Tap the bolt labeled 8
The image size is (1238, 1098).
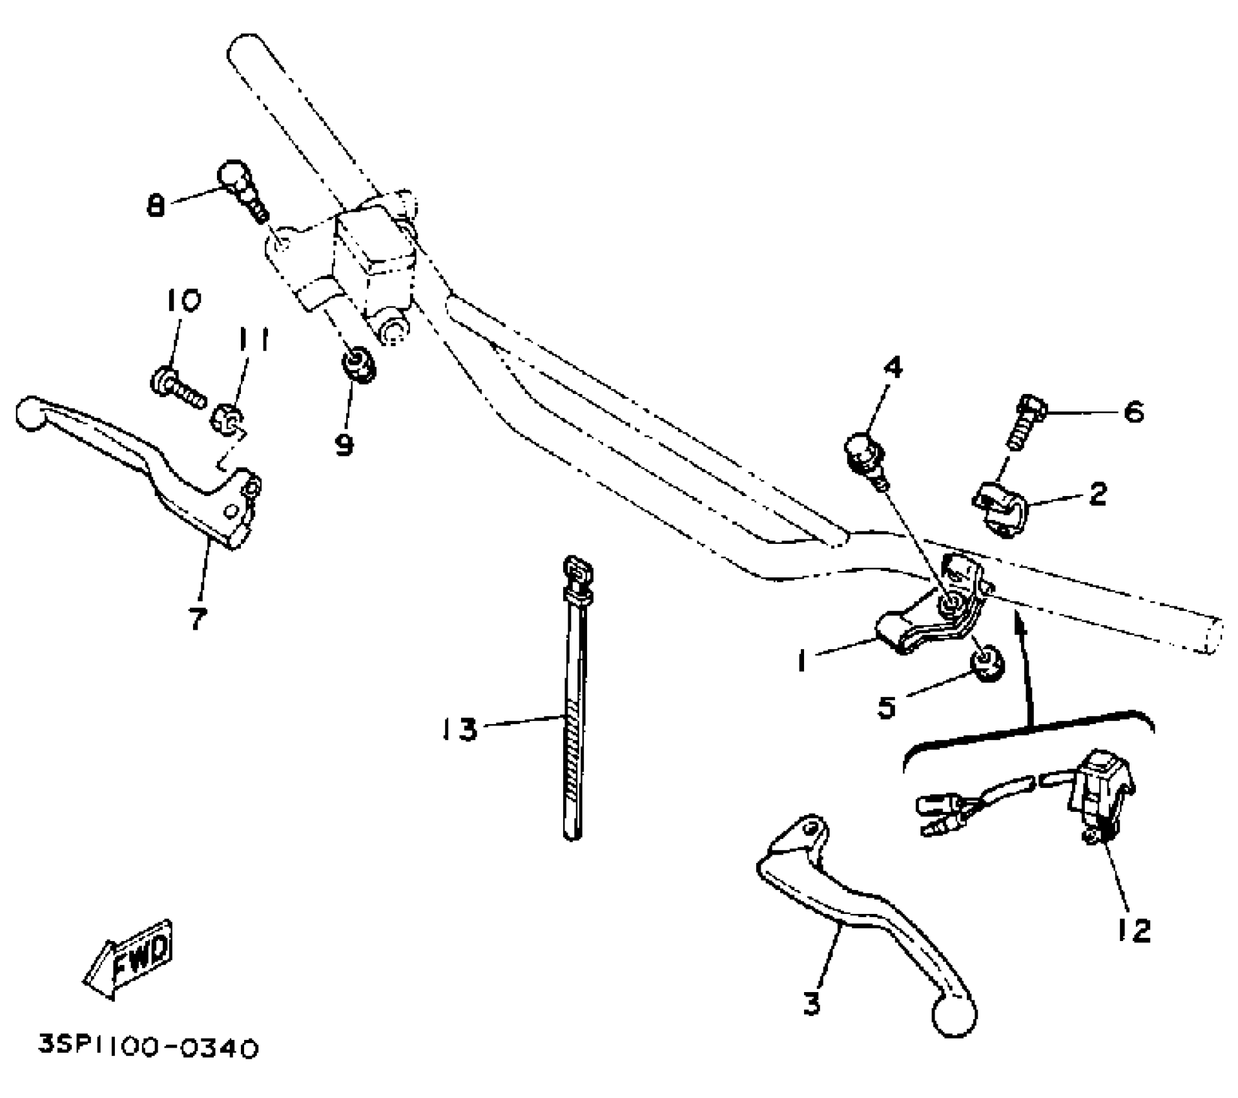click(x=242, y=188)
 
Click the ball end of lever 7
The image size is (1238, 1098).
click(x=29, y=413)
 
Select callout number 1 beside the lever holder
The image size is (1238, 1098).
click(x=801, y=660)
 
